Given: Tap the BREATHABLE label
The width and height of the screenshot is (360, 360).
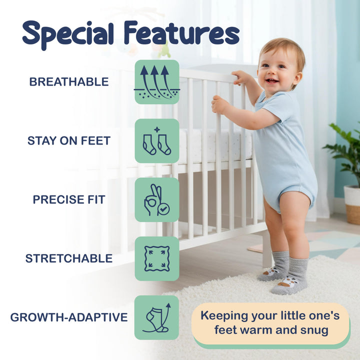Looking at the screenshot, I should click(x=69, y=82).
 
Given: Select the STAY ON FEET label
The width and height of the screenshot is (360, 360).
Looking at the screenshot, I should click(x=69, y=141).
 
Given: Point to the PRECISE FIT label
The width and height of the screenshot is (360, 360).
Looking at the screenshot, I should click(x=69, y=199).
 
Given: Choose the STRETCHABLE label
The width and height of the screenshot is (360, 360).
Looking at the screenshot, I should click(x=69, y=258).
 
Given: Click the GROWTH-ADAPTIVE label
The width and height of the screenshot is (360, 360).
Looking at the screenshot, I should click(x=69, y=317).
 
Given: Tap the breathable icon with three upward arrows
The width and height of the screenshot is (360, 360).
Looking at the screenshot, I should click(x=157, y=82).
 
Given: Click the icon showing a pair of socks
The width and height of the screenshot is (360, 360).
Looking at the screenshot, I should click(x=157, y=141).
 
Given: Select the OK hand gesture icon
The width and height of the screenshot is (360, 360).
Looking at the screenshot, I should click(x=157, y=200).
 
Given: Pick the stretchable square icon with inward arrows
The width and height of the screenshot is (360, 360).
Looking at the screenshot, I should click(x=157, y=258).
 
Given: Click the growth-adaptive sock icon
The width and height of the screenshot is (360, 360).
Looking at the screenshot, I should click(x=157, y=317).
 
